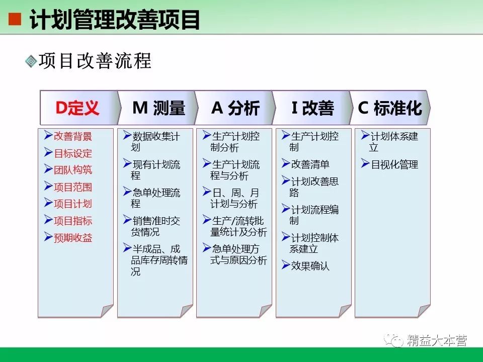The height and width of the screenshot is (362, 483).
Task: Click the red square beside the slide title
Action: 15,19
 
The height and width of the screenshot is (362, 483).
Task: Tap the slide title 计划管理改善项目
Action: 115,20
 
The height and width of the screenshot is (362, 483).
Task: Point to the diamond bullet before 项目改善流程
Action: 31,61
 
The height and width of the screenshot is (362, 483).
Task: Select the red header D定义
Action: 77,108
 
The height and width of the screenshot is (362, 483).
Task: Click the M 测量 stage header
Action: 158,108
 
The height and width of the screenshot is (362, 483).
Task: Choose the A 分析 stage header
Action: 235,108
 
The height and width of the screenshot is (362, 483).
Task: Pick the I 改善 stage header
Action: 312,108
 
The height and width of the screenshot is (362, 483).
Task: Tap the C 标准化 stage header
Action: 390,108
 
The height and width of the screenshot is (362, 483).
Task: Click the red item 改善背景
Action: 73,136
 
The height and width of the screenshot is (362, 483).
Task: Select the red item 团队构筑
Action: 73,170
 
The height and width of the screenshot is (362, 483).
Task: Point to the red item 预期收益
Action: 73,238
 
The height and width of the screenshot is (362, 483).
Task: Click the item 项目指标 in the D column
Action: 73,221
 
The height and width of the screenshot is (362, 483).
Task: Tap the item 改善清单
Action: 310,164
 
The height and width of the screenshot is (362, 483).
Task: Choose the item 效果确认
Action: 310,266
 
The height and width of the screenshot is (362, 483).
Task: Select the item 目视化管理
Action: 394,164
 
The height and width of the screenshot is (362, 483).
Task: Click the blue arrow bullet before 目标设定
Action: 48,152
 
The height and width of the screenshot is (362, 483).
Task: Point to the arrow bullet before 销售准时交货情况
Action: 127,219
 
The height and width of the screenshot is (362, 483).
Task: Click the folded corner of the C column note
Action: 424,310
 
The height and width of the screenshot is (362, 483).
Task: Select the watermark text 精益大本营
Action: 437,340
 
